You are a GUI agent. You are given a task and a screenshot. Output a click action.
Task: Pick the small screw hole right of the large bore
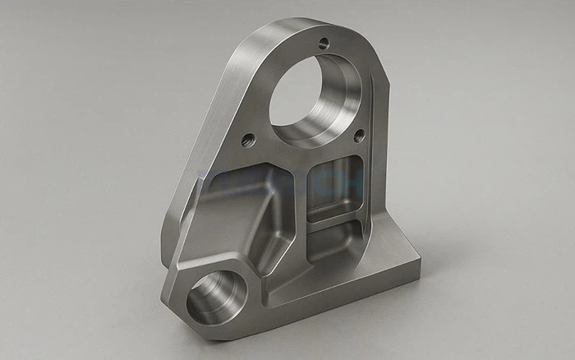point(358,134)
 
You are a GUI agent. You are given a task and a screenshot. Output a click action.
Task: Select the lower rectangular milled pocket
point(337,238)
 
